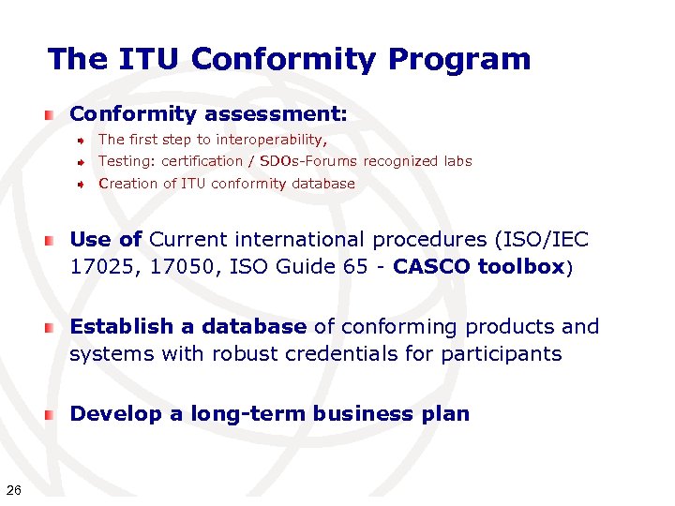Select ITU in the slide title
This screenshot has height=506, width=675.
(150, 59)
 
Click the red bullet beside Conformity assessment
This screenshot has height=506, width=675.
(49, 115)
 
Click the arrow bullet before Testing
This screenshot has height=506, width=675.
(82, 162)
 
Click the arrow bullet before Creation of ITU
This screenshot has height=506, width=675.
(82, 185)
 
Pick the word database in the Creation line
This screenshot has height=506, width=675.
(323, 184)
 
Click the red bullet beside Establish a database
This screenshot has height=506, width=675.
(49, 328)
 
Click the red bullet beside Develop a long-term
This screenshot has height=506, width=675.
(49, 415)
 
